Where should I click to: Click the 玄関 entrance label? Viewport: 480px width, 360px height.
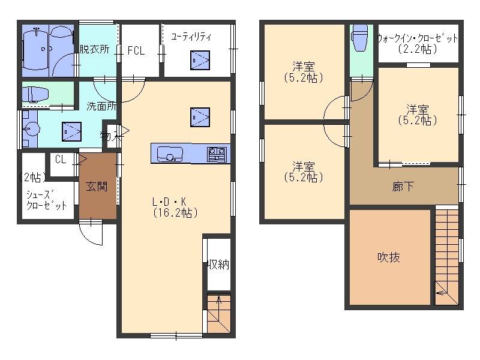pos(97,186)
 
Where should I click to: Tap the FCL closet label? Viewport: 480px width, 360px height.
pos(136,50)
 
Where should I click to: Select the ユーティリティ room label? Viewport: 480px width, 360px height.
pos(191,37)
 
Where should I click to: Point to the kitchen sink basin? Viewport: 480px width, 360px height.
pos(170,154)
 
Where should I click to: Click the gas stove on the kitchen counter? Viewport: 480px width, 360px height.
pos(217,154)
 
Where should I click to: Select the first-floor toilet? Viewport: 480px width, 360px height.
pos(35,94)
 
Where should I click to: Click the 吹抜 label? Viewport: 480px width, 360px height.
pos(388,257)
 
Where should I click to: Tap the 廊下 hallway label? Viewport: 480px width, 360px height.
pos(403,187)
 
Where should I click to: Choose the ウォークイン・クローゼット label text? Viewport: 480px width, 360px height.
pos(418,38)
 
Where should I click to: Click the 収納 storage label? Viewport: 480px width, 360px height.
pos(218,264)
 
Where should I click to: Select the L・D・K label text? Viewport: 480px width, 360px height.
pos(169,202)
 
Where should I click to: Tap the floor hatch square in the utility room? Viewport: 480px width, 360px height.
pos(200,61)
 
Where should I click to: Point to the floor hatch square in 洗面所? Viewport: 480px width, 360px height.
pos(71,131)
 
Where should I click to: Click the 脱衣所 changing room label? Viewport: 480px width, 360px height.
pos(94,49)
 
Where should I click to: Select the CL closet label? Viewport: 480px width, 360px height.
pos(61,159)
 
